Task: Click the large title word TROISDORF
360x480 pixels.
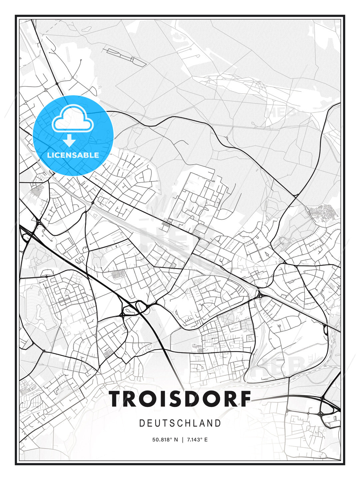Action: tap(180, 399)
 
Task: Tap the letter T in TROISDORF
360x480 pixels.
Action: tap(116, 399)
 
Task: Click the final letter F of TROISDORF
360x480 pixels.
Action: tap(245, 399)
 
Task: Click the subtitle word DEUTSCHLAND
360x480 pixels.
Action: tap(180, 423)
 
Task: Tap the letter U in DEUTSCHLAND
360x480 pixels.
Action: tap(158, 423)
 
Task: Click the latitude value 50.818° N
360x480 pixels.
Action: tap(165, 440)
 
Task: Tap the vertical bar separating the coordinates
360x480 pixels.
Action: tap(182, 440)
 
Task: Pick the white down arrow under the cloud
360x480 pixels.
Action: tap(69, 141)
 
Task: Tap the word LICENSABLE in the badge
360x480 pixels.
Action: tap(73, 155)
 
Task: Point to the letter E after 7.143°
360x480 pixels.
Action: tap(206, 440)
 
